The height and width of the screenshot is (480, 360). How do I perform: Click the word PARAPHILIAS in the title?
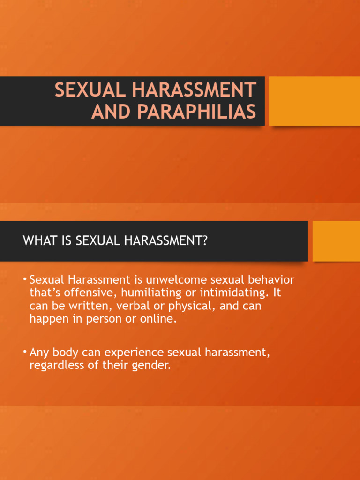pyautogui.click(x=196, y=112)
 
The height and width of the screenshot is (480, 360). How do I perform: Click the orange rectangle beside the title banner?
pyautogui.click(x=314, y=101)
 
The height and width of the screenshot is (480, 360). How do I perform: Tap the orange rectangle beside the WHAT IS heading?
pyautogui.click(x=336, y=241)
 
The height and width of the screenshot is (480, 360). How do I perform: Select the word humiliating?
pyautogui.click(x=149, y=293)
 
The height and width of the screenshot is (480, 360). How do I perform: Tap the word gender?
pyautogui.click(x=150, y=365)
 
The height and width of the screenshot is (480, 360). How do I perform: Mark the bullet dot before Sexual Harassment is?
pyautogui.click(x=25, y=280)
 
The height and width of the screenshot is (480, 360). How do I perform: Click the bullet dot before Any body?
pyautogui.click(x=25, y=352)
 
